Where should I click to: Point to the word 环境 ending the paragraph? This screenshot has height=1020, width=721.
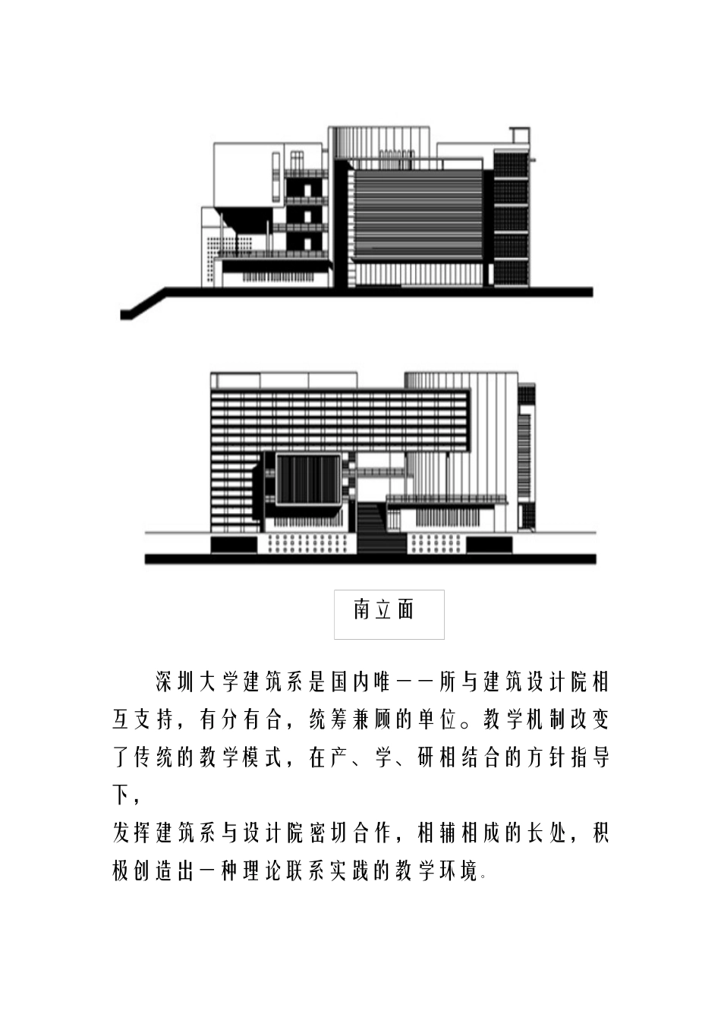(461, 870)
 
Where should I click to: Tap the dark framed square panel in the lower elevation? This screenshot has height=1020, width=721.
(307, 480)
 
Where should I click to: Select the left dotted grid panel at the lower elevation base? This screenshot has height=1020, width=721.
(306, 543)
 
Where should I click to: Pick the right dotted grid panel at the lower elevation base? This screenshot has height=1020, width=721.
(436, 543)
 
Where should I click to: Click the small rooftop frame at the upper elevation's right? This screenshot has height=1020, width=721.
(518, 136)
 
